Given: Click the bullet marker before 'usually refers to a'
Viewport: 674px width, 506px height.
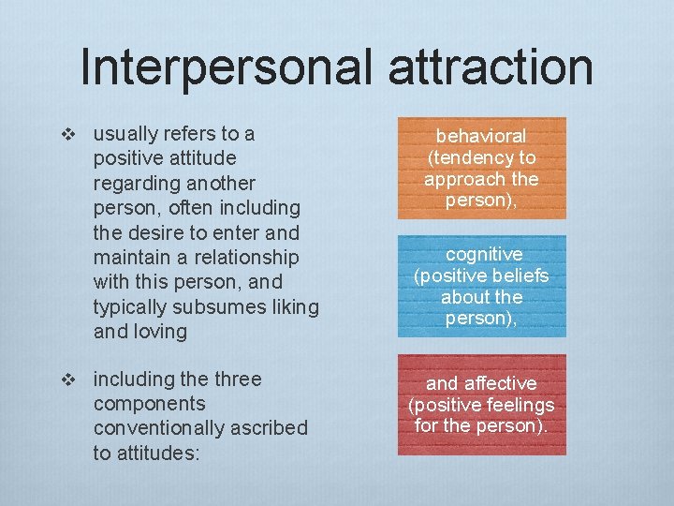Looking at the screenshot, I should tap(66, 134).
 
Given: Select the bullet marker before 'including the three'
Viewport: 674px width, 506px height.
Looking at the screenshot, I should tap(66, 379).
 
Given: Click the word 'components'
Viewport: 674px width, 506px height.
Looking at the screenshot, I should tap(150, 404).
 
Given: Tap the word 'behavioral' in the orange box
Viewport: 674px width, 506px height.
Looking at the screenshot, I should tap(481, 137).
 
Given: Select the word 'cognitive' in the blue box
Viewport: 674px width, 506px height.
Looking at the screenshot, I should tap(484, 255).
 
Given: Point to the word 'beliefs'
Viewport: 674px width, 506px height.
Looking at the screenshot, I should tap(517, 276).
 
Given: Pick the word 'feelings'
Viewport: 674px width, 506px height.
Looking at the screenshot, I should tap(519, 405).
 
